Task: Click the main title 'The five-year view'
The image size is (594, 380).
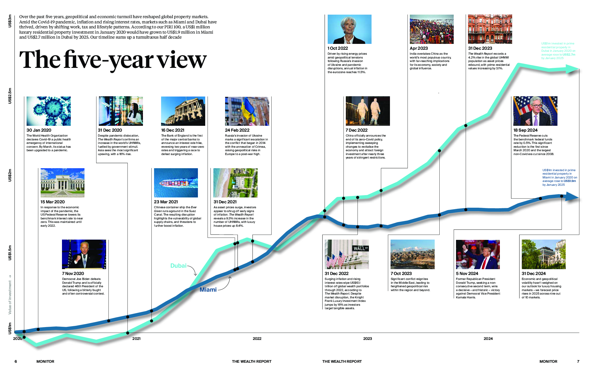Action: tap(113, 60)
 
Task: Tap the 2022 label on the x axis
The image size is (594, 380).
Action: tap(257, 339)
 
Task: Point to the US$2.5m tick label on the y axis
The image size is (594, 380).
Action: tap(10, 95)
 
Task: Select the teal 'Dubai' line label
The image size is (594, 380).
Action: tap(178, 266)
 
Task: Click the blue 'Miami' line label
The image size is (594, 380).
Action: tap(208, 290)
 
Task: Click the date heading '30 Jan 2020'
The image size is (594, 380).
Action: tap(39, 130)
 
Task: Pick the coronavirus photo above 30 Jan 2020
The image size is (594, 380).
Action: tap(49, 111)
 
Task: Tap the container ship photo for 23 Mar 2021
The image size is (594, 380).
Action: tap(176, 183)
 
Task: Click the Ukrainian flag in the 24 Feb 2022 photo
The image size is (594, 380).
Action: tap(249, 110)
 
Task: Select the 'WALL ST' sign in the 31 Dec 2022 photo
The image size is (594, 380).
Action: tap(360, 248)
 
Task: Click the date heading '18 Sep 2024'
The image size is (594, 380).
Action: tap(525, 130)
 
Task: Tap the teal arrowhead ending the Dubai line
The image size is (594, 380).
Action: tap(572, 69)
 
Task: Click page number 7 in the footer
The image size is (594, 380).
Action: tap(578, 362)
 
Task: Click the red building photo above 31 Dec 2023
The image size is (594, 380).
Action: tap(490, 29)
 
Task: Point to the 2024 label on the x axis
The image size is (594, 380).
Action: tap(488, 339)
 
